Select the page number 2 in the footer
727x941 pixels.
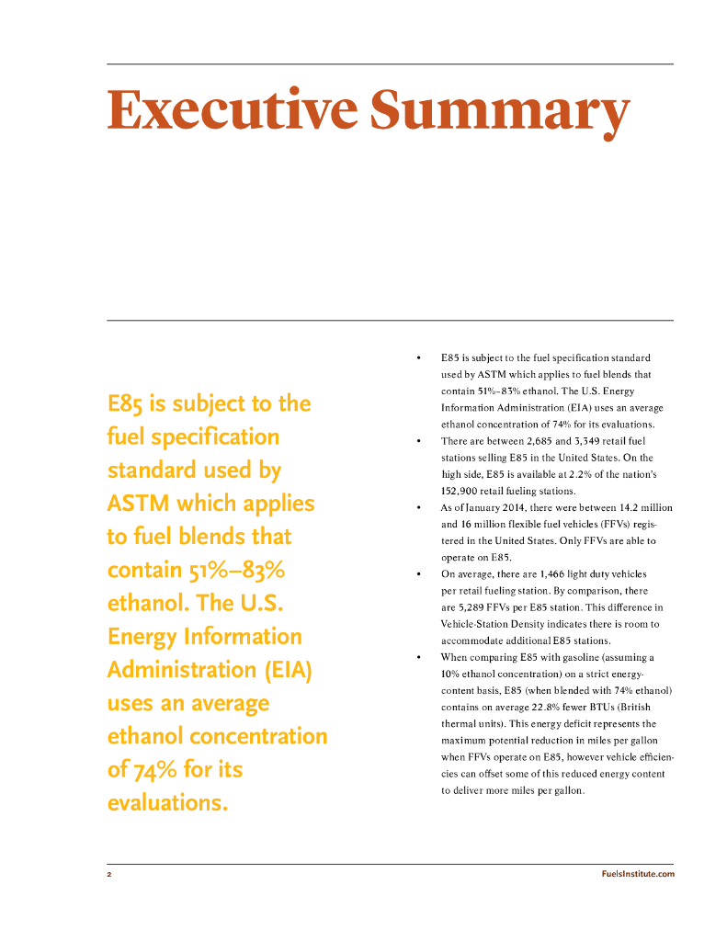tap(108, 874)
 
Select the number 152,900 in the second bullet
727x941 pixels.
tap(461, 491)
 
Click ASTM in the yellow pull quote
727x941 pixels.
tap(138, 504)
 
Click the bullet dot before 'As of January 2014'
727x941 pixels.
tap(418, 507)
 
